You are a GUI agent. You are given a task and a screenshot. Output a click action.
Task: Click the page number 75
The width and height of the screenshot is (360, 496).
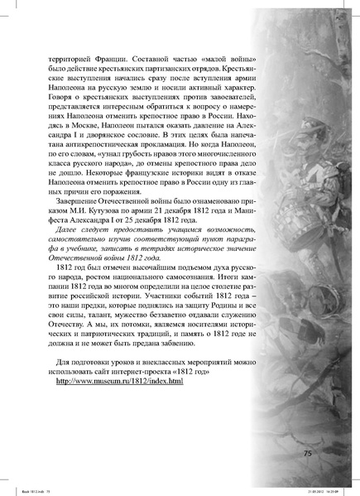click(308, 454)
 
